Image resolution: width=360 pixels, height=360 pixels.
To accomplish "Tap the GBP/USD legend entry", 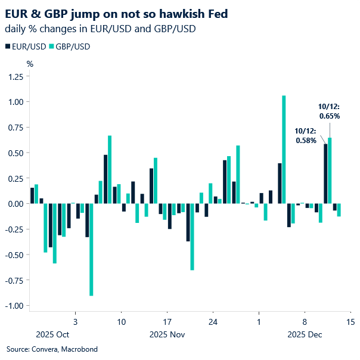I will coord(70,46).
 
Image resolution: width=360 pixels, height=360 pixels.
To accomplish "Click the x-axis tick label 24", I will coord(213,322).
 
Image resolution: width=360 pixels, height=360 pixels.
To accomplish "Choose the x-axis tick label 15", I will coord(350,322).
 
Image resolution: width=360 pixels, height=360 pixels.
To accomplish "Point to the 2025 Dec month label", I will coord(305,334).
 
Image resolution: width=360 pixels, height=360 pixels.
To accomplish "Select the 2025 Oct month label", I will coord(52,334).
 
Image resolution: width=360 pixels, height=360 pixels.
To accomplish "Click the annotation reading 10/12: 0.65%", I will coord(329,111).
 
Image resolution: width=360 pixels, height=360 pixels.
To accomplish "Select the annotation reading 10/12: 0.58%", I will coord(306,136).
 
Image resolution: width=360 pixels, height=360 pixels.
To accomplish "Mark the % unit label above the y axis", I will coord(30,63).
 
